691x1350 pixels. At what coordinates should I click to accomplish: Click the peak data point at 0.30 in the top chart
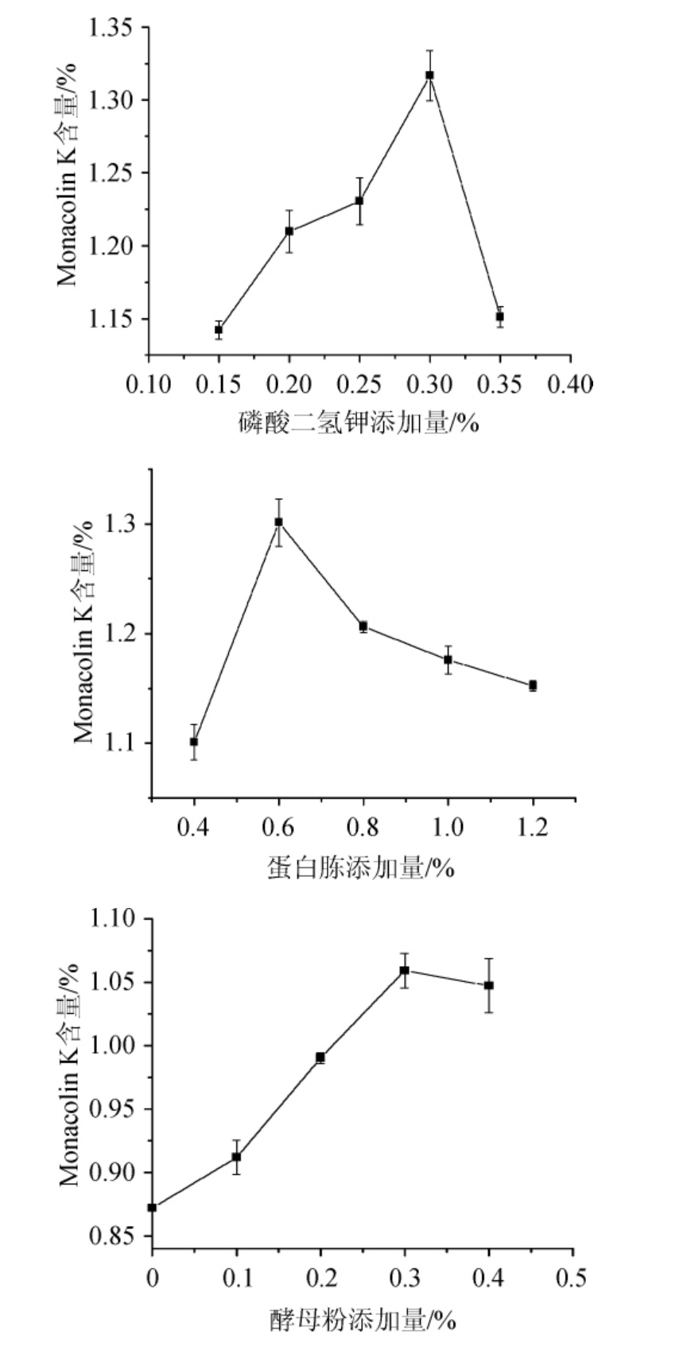tap(429, 76)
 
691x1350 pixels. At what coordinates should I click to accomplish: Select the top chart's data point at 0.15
tap(219, 329)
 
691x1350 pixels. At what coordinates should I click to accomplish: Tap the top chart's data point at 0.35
tap(500, 316)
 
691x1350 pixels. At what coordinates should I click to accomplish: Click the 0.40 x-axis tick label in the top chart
tap(570, 385)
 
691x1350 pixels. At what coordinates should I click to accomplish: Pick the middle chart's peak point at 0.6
tap(278, 522)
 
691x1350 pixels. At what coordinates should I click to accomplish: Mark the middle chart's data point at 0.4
tap(194, 742)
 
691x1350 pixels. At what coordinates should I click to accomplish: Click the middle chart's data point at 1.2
tap(533, 685)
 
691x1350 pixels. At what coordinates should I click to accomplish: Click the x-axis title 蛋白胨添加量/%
tap(360, 867)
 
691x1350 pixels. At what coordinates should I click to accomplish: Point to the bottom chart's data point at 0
tap(152, 1208)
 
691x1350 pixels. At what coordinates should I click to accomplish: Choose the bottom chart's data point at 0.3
tap(405, 970)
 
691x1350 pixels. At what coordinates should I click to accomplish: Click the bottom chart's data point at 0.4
tap(489, 985)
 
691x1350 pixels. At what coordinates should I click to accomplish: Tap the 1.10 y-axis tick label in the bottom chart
tap(116, 919)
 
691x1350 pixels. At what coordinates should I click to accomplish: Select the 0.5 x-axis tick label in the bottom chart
tap(572, 1278)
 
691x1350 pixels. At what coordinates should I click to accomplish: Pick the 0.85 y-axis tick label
tap(116, 1236)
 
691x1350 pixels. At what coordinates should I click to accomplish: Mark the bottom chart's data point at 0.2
tap(320, 1057)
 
